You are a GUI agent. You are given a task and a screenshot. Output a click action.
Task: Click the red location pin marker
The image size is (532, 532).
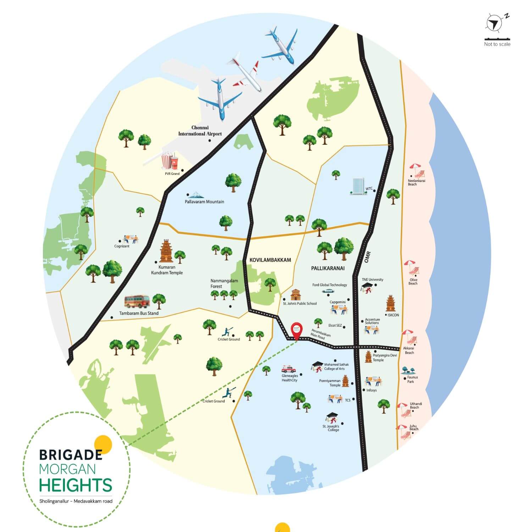click(297, 331)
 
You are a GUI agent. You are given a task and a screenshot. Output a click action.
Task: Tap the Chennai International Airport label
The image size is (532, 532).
click(200, 131)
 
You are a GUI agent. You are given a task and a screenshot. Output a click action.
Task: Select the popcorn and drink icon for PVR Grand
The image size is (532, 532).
click(170, 161)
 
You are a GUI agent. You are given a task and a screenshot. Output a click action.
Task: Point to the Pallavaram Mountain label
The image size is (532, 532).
click(204, 201)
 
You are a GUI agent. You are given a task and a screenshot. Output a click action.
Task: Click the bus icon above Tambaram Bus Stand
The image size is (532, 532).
click(137, 301)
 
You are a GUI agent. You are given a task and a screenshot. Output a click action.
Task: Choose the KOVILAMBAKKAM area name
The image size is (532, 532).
click(270, 260)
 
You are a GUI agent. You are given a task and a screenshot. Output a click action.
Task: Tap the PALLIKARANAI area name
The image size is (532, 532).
click(327, 268)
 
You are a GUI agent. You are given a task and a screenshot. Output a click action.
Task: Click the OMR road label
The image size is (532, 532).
click(367, 257)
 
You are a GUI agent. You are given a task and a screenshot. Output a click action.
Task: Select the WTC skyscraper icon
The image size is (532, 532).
click(357, 187)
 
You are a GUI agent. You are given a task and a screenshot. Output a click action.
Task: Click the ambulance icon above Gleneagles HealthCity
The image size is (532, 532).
click(288, 369)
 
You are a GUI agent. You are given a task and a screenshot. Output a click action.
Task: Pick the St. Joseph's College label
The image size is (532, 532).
click(331, 428)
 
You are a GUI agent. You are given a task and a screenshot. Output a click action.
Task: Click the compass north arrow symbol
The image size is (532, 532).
click(493, 23)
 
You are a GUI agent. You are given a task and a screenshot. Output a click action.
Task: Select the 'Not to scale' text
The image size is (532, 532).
click(497, 44)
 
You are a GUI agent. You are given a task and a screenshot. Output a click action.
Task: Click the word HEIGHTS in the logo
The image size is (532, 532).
click(75, 485)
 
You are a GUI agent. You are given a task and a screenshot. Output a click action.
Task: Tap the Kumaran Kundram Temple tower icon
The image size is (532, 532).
click(166, 251)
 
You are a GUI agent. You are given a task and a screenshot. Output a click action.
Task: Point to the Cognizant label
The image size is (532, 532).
click(122, 246)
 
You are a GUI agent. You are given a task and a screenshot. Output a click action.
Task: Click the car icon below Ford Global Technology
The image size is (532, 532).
click(328, 291)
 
